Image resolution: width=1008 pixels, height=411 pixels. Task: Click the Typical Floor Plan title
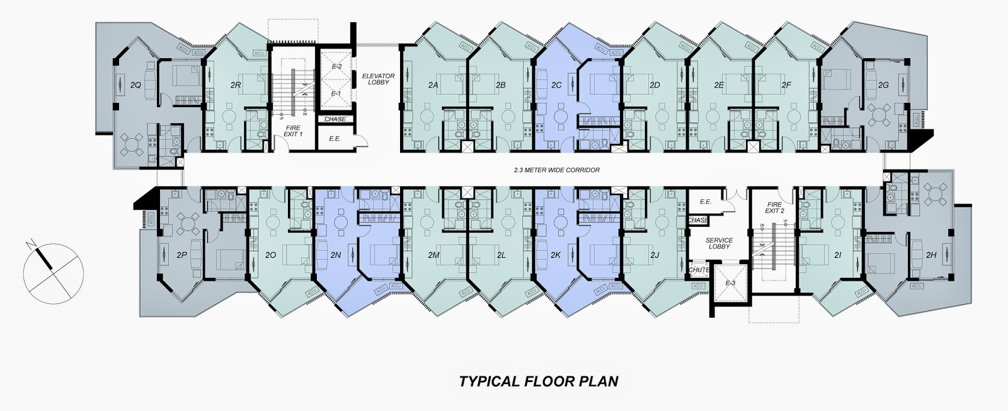tap(538, 381)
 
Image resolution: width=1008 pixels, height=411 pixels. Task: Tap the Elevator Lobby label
tap(378, 79)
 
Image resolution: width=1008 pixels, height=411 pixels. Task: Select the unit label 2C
tap(556, 84)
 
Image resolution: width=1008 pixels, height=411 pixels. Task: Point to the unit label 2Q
tap(135, 84)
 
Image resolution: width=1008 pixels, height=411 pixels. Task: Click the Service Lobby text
tap(718, 243)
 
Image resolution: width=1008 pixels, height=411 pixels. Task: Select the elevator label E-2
tap(336, 66)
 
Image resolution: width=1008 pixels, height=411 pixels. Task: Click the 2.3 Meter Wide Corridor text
tap(556, 170)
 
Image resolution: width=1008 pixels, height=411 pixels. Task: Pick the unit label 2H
tap(932, 255)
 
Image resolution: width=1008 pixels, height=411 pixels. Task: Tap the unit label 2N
tap(335, 255)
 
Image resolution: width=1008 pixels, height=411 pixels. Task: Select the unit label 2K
tap(555, 255)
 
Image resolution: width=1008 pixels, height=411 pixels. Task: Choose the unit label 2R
tap(236, 84)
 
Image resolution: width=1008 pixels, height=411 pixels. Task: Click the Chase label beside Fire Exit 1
tap(335, 119)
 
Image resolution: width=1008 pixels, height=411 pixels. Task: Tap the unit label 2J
tap(655, 255)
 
